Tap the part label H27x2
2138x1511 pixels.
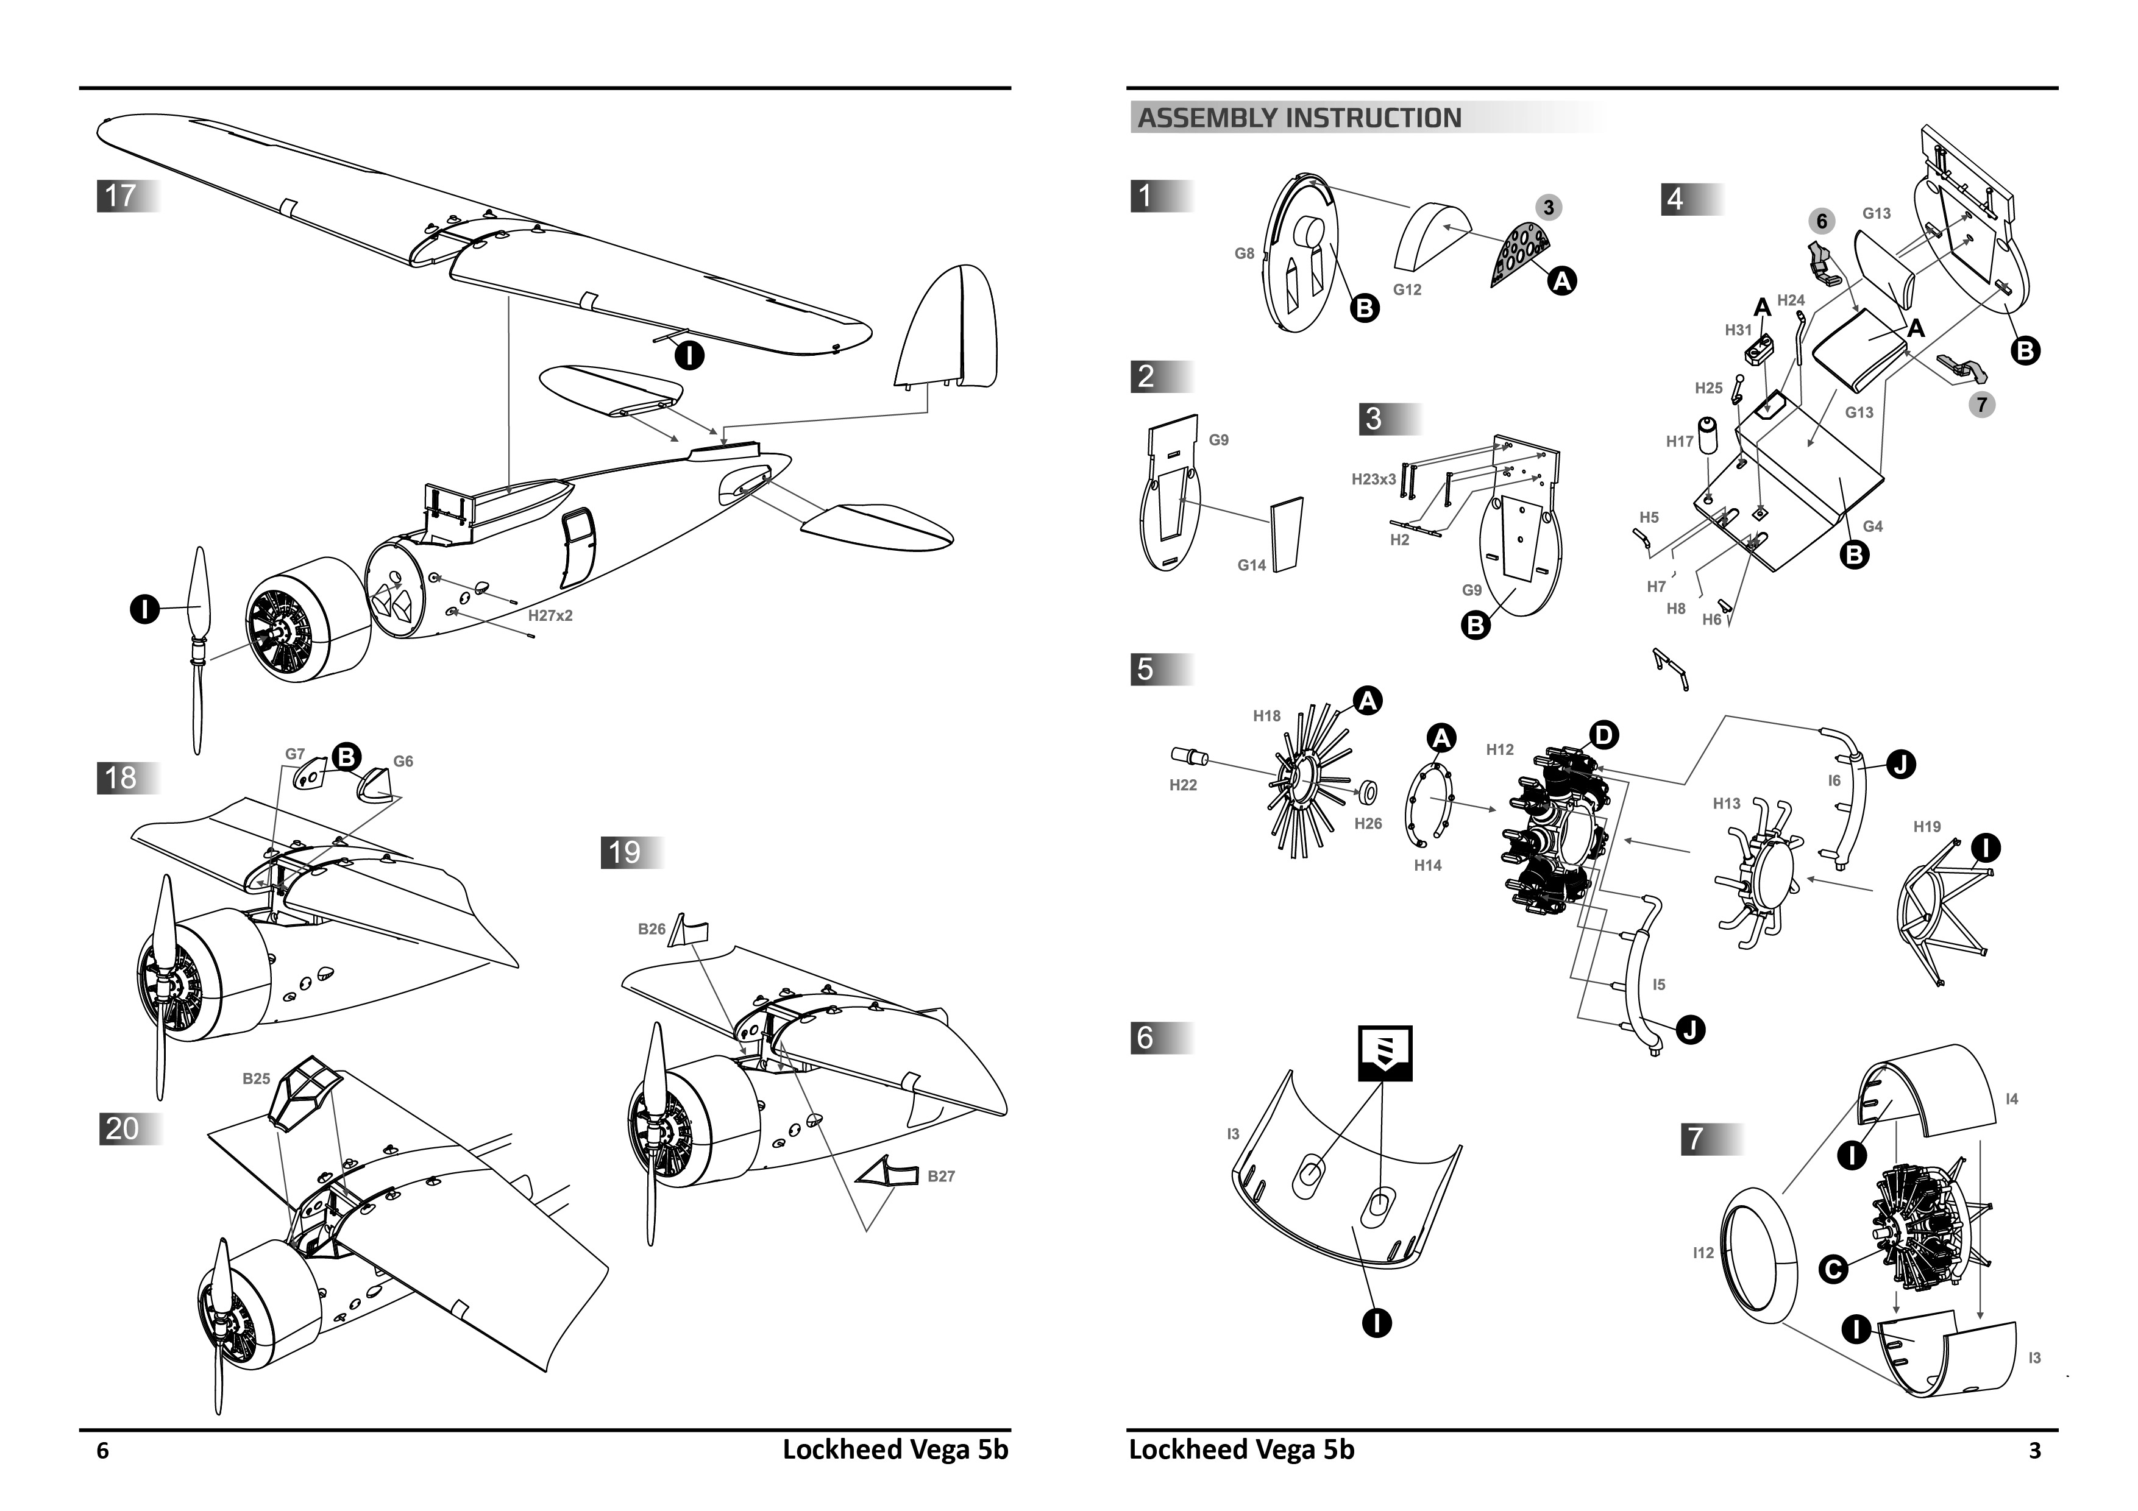click(550, 615)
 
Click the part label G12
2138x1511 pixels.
click(1407, 289)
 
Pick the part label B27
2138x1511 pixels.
click(940, 1176)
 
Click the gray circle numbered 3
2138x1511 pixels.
click(1549, 208)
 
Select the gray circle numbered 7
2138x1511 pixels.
click(1981, 404)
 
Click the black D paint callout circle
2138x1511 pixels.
click(1603, 735)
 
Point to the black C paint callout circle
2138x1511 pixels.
click(1833, 1269)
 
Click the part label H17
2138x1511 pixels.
click(1680, 441)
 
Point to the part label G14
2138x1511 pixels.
click(1251, 565)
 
